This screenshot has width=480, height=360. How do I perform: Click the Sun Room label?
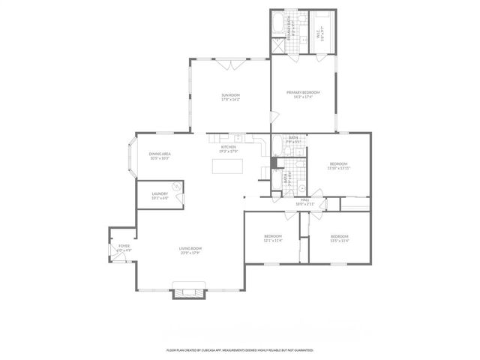pyautogui.click(x=230, y=97)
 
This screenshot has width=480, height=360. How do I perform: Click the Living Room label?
pyautogui.click(x=190, y=250)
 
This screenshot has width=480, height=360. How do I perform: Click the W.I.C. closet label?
pyautogui.click(x=320, y=34)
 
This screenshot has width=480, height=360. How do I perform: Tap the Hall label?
pyautogui.click(x=305, y=201)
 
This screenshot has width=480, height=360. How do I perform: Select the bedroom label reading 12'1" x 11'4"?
pyautogui.click(x=271, y=238)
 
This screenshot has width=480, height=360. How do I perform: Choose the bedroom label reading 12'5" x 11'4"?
pyautogui.click(x=339, y=238)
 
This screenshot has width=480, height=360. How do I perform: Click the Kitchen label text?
pyautogui.click(x=229, y=148)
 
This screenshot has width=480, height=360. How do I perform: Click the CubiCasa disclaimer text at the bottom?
pyautogui.click(x=240, y=350)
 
